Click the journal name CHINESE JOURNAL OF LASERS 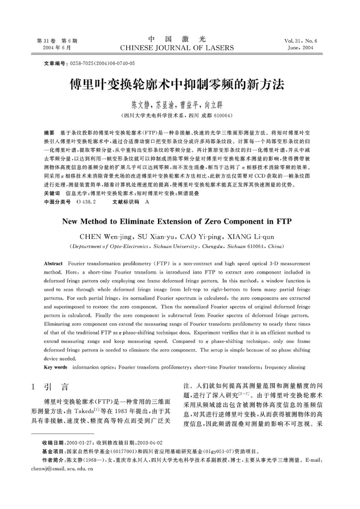pos(177,48)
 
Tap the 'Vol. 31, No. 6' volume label pos(301,41)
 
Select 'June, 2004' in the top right pos(301,48)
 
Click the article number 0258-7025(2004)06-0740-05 pos(102,64)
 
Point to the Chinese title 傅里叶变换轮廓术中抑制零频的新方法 pos(177,85)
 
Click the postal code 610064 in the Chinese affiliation pos(223,115)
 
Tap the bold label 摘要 pos(49,133)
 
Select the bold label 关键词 pos(52,193)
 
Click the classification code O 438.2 pos(86,202)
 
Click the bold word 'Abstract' pos(53,263)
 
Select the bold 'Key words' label pos(55,367)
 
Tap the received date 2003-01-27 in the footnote pos(80,443)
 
